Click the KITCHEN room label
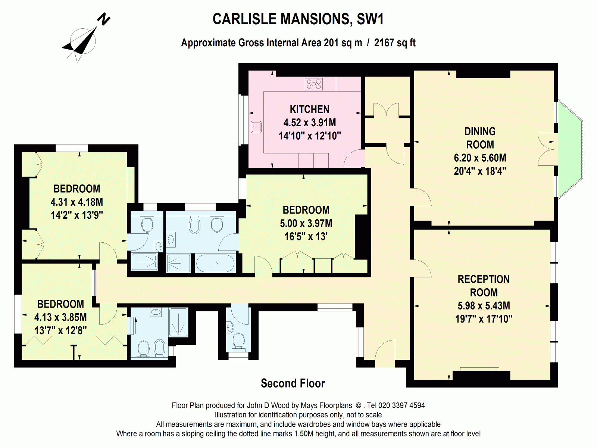[x=309, y=109]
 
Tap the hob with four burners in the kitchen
[x=313, y=84]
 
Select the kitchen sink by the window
[x=256, y=127]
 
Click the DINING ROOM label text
[x=480, y=138]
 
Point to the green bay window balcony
[x=570, y=149]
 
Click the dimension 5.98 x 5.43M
[x=484, y=306]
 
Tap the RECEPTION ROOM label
[x=484, y=286]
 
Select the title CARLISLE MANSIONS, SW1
[x=298, y=19]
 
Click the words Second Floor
[x=293, y=383]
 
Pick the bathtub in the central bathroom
[x=215, y=263]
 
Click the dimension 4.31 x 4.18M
[x=77, y=202]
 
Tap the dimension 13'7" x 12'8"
[x=60, y=330]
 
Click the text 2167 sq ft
[x=395, y=43]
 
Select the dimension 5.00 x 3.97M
[x=306, y=223]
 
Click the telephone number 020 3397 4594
[x=401, y=405]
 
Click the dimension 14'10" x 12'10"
[x=310, y=136]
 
